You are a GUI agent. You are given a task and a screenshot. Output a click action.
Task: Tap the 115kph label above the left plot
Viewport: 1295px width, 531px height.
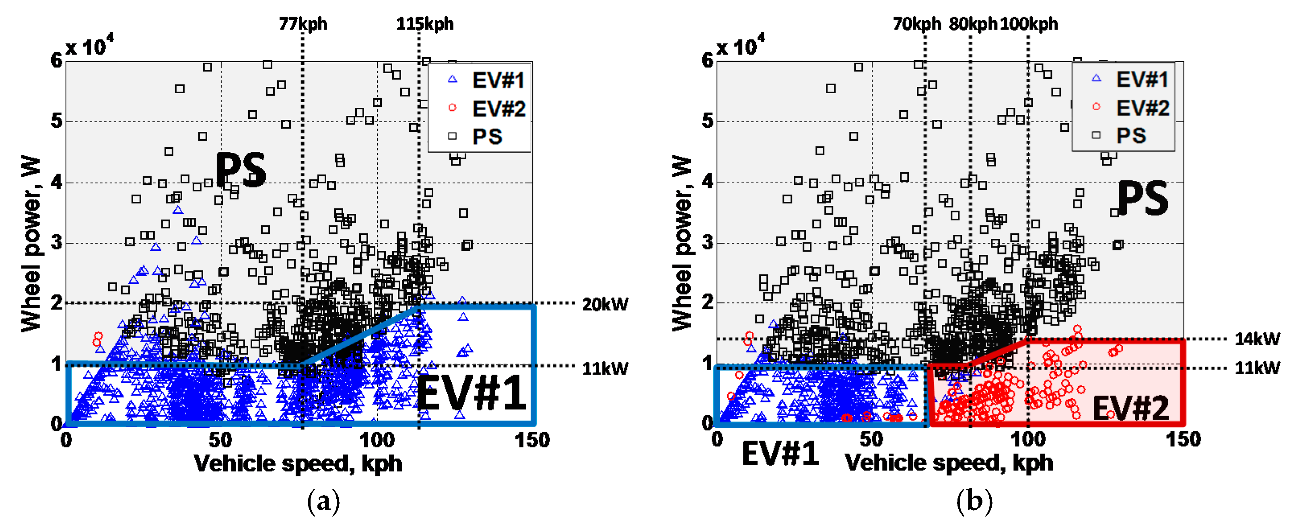point(425,24)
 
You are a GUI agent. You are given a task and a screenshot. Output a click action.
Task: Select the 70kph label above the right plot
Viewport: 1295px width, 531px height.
point(916,24)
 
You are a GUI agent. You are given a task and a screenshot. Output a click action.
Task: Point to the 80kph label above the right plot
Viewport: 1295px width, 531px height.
point(972,24)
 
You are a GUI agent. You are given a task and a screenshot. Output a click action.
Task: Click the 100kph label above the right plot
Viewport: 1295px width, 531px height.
point(1029,24)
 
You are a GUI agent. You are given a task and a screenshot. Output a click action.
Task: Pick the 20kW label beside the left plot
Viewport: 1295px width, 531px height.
point(605,304)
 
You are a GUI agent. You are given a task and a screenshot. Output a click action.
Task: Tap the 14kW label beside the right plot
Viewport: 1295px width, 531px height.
point(1257,338)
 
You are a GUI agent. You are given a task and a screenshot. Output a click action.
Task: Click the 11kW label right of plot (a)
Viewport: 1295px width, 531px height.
point(605,369)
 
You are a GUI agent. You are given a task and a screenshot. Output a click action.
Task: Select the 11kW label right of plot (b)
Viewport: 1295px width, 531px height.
point(1257,368)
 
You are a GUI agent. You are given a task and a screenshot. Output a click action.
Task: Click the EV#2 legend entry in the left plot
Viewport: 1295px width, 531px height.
point(498,109)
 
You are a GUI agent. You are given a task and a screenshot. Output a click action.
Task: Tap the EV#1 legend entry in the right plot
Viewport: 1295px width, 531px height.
point(1142,79)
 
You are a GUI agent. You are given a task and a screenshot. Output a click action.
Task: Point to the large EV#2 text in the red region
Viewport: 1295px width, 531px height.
point(1130,408)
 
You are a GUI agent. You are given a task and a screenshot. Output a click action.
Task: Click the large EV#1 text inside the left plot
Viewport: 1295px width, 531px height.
point(471,393)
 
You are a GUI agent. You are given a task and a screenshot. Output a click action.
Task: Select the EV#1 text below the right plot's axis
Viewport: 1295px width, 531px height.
point(780,454)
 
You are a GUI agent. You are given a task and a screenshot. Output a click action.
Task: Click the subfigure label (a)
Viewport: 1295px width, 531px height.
point(323,501)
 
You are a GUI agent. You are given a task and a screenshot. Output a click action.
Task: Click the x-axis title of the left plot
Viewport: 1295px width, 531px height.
point(298,463)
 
